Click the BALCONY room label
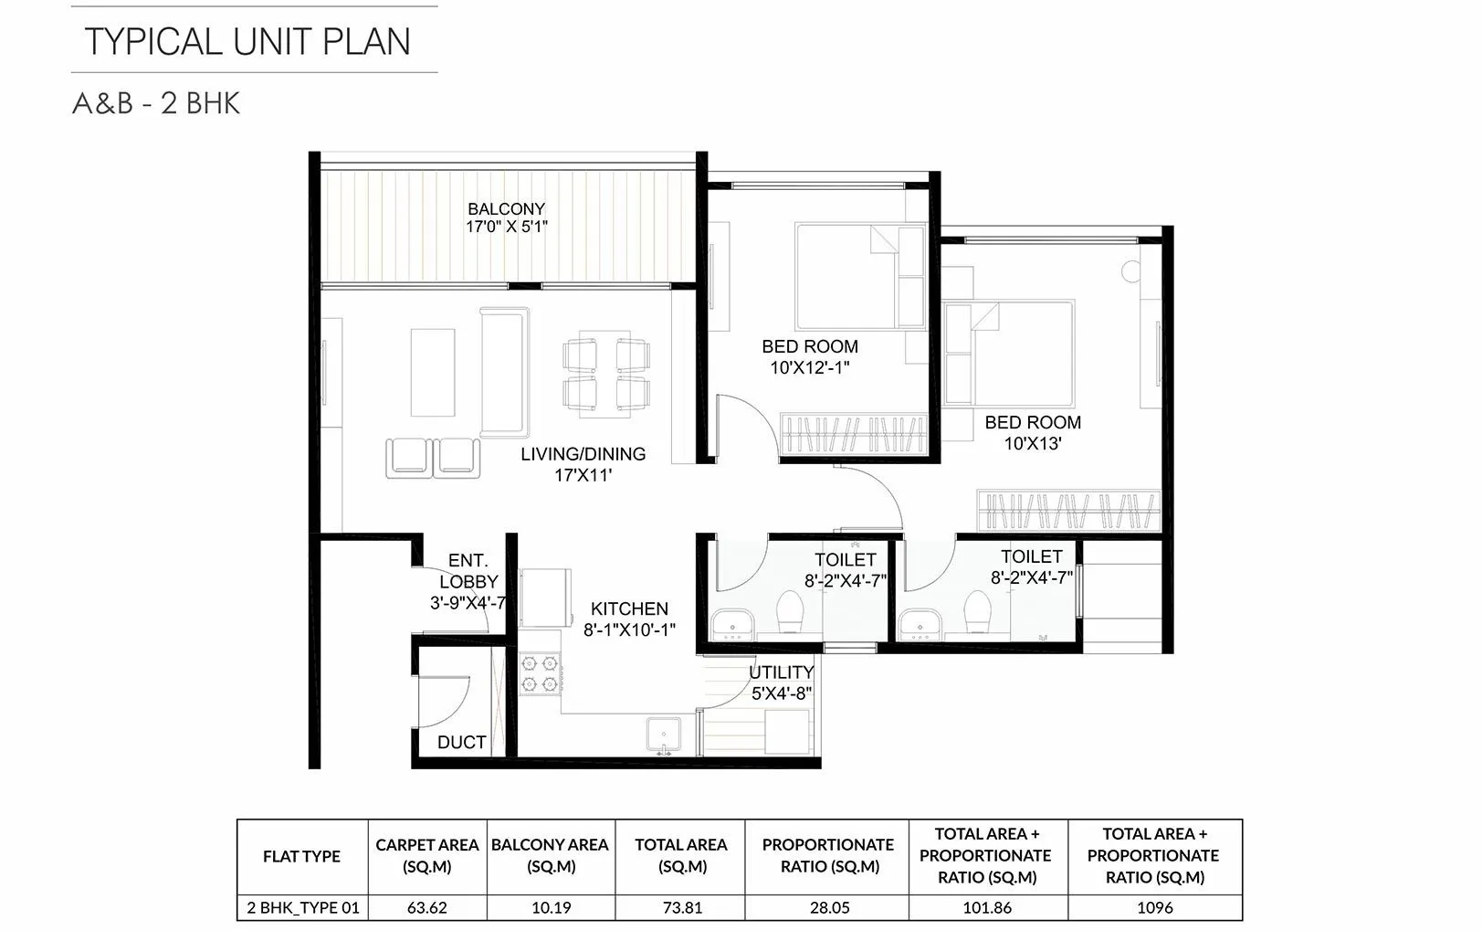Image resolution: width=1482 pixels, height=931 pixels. (x=506, y=209)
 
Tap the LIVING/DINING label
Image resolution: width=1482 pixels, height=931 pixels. (x=583, y=454)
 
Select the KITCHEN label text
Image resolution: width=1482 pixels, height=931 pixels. (x=629, y=608)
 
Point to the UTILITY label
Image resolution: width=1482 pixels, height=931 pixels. (x=781, y=672)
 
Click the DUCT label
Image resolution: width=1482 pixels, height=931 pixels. (x=461, y=743)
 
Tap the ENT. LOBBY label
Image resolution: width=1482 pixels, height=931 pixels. (x=468, y=571)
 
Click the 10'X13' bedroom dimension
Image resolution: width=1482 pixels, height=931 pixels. (x=1032, y=444)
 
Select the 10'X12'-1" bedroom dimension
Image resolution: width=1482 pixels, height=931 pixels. (x=810, y=368)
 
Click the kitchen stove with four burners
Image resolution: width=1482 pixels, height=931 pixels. (x=539, y=672)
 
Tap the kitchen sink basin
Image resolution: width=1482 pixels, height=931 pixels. (x=662, y=734)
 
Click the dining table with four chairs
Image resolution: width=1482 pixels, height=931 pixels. (x=607, y=377)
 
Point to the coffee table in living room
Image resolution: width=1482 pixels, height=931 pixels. (x=433, y=372)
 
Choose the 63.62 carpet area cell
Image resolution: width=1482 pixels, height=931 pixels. (x=426, y=907)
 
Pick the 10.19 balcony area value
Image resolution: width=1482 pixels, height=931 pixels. (x=551, y=907)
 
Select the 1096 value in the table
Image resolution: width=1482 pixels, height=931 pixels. (x=1154, y=907)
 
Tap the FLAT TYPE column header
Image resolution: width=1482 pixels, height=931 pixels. (x=301, y=856)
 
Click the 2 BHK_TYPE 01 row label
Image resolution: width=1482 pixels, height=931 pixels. (x=302, y=907)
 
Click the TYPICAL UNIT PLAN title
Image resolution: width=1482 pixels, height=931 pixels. (x=247, y=42)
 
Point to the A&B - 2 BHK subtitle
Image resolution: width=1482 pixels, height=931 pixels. (x=156, y=103)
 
